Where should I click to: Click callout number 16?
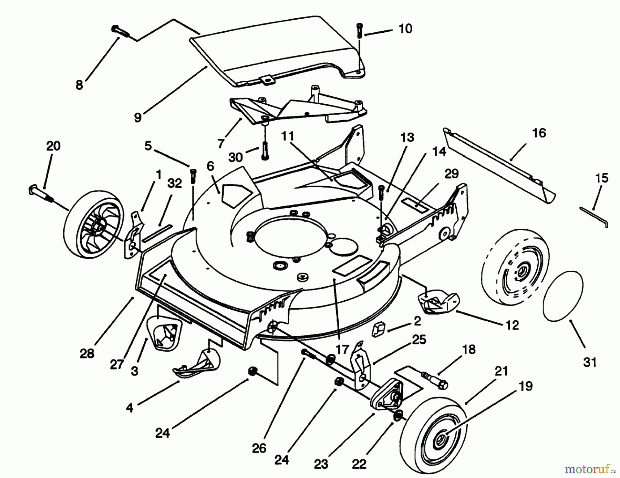(539, 133)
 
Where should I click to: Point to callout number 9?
(137, 117)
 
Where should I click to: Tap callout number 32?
(175, 183)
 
